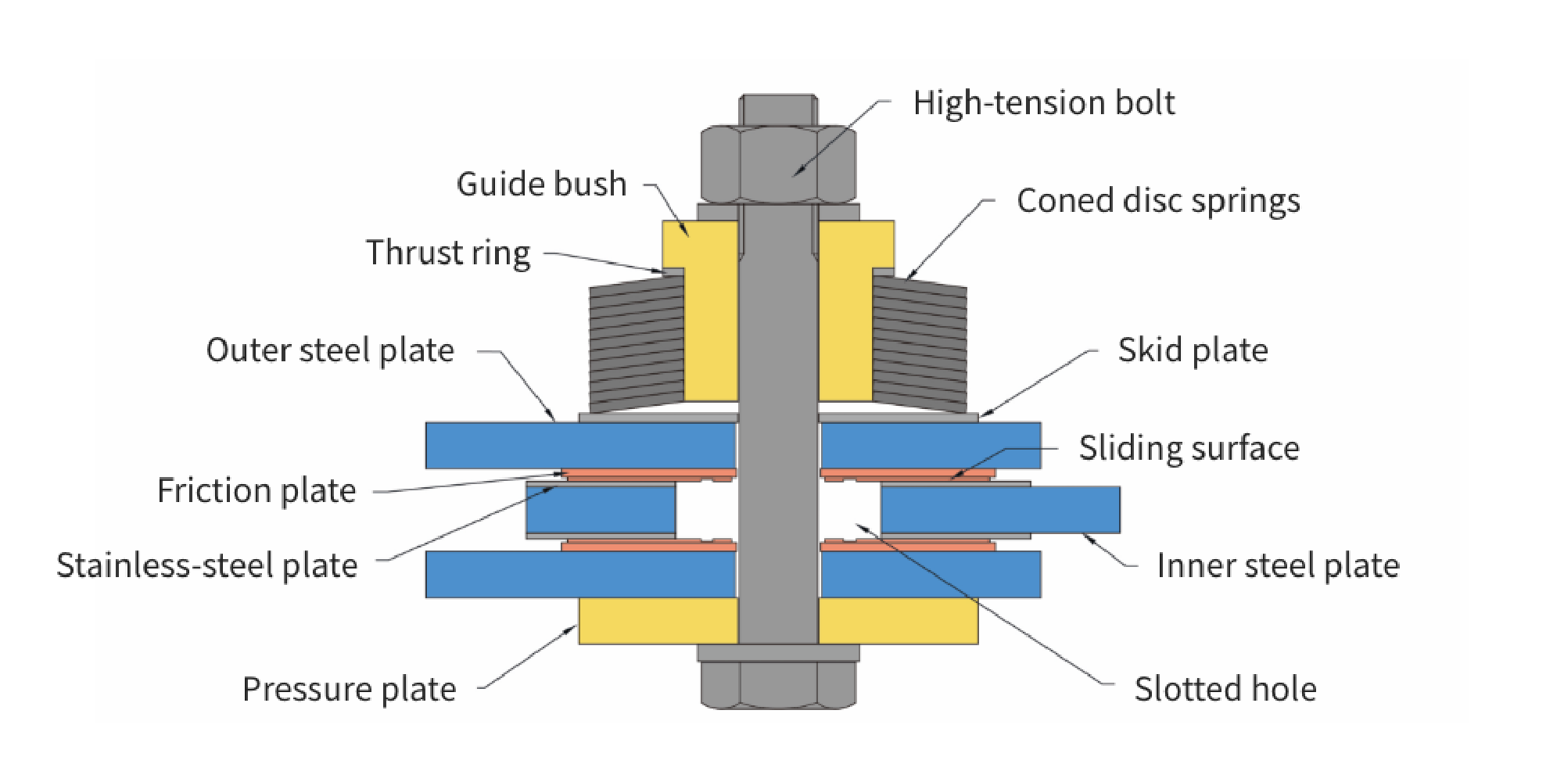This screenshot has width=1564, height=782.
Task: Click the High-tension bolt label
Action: click(x=1043, y=103)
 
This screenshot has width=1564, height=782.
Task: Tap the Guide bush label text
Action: click(x=541, y=185)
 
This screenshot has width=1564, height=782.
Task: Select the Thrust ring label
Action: click(x=448, y=253)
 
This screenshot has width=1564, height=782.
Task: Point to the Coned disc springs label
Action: click(x=1158, y=201)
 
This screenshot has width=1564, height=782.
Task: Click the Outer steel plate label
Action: click(x=330, y=350)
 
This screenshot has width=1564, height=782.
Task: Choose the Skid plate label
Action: click(x=1193, y=350)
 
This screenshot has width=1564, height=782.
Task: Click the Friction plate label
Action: click(x=256, y=491)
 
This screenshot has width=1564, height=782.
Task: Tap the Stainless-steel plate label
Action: click(x=207, y=565)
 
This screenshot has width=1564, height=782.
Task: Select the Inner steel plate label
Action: click(x=1278, y=565)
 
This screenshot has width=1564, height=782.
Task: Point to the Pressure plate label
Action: click(x=349, y=689)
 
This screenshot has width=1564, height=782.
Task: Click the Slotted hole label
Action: click(x=1225, y=689)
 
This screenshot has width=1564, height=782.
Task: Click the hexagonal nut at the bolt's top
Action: click(x=778, y=164)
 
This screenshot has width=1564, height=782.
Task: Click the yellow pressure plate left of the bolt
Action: click(x=658, y=622)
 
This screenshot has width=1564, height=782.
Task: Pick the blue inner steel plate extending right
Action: click(x=1000, y=510)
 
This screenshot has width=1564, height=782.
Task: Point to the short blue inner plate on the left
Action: click(x=601, y=510)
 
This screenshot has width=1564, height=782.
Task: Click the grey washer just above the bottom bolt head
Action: click(x=778, y=653)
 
